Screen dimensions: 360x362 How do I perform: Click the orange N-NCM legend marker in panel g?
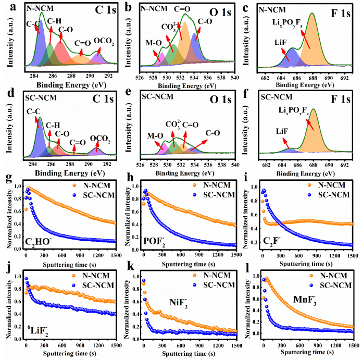75,184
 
